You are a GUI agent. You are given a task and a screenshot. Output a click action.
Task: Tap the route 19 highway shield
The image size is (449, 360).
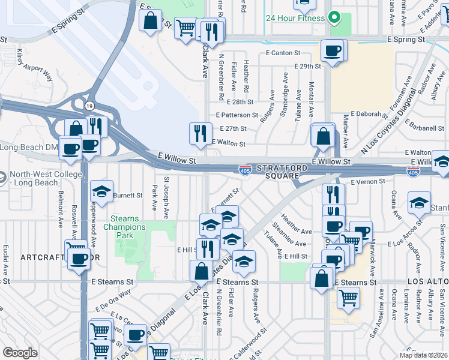point(89,106)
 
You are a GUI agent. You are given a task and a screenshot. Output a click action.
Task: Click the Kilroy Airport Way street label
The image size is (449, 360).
point(35,65)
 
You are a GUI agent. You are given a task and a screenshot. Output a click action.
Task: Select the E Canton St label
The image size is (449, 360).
point(282,53)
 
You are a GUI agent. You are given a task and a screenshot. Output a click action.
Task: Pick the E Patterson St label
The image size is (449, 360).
point(237,115)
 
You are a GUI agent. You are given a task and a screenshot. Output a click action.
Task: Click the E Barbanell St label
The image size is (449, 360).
point(424,127)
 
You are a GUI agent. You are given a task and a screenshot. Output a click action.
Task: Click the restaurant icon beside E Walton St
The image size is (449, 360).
point(200,134)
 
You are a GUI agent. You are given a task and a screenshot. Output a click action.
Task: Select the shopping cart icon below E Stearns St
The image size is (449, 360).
point(348,298)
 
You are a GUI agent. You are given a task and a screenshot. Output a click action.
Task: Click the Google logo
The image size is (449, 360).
point(20,353)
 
